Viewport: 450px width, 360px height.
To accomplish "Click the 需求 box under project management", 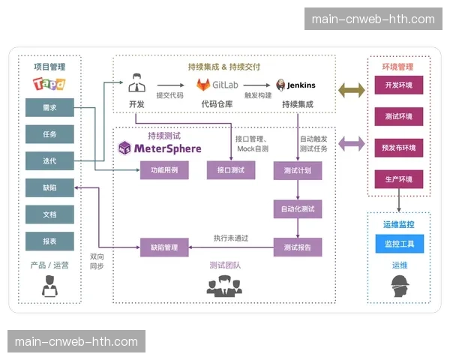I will pos(49,108).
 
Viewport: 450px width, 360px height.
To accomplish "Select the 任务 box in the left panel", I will pos(49,134).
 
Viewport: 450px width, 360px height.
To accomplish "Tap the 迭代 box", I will pos(49,160).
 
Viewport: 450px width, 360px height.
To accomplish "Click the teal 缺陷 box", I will pos(49,187).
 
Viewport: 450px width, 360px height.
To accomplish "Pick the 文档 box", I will pos(49,214).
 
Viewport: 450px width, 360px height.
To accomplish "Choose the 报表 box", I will pos(49,241).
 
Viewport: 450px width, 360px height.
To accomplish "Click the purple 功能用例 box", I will pos(163,170).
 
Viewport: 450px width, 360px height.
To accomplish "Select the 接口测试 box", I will pos(230,170).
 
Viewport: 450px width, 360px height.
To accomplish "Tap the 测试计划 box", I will pos(297,170).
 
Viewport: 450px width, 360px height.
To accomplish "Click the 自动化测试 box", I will pos(297,208).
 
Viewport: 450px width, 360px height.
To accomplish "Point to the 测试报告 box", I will pos(297,246).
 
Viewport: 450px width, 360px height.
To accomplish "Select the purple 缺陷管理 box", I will pos(163,246).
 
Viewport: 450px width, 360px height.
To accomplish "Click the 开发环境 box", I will pos(399,85).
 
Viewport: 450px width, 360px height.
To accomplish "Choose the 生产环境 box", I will pos(399,179).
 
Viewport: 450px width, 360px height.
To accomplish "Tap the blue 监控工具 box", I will pos(399,244).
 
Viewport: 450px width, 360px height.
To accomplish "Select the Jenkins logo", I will pos(295,85).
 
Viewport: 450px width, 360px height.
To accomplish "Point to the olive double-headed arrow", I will pos(351,90).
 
